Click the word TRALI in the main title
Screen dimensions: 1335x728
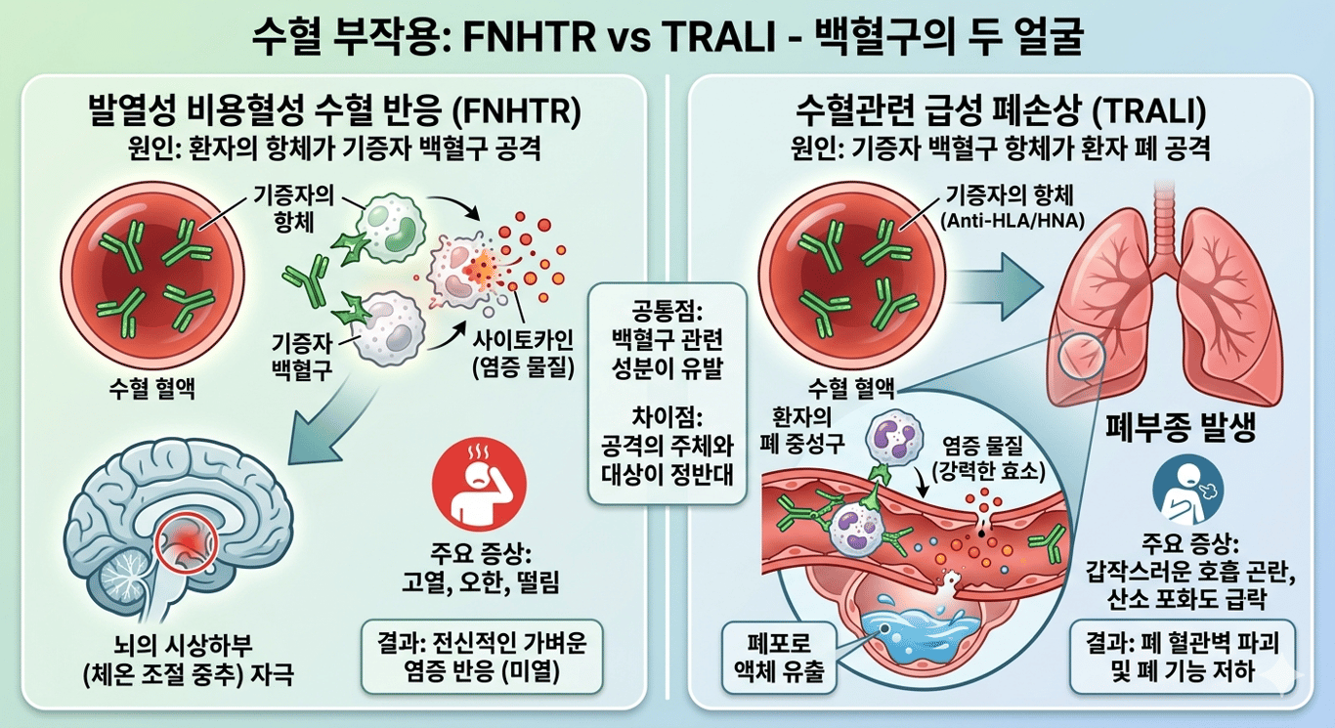(718, 37)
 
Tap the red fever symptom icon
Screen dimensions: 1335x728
(479, 484)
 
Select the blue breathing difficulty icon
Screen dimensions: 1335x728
(1188, 490)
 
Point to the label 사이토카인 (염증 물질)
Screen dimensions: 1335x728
(523, 354)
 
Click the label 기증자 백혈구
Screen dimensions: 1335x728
(302, 356)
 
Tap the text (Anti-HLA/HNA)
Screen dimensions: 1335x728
(1012, 221)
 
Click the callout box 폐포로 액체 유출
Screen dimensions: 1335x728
(779, 658)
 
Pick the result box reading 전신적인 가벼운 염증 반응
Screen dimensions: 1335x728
(482, 657)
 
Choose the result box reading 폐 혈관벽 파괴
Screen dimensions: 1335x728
(1183, 657)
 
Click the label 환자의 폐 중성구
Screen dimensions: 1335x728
(802, 430)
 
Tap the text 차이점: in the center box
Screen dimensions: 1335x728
(667, 417)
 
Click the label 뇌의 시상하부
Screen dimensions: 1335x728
(183, 645)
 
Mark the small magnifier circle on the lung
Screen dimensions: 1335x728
(1081, 357)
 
